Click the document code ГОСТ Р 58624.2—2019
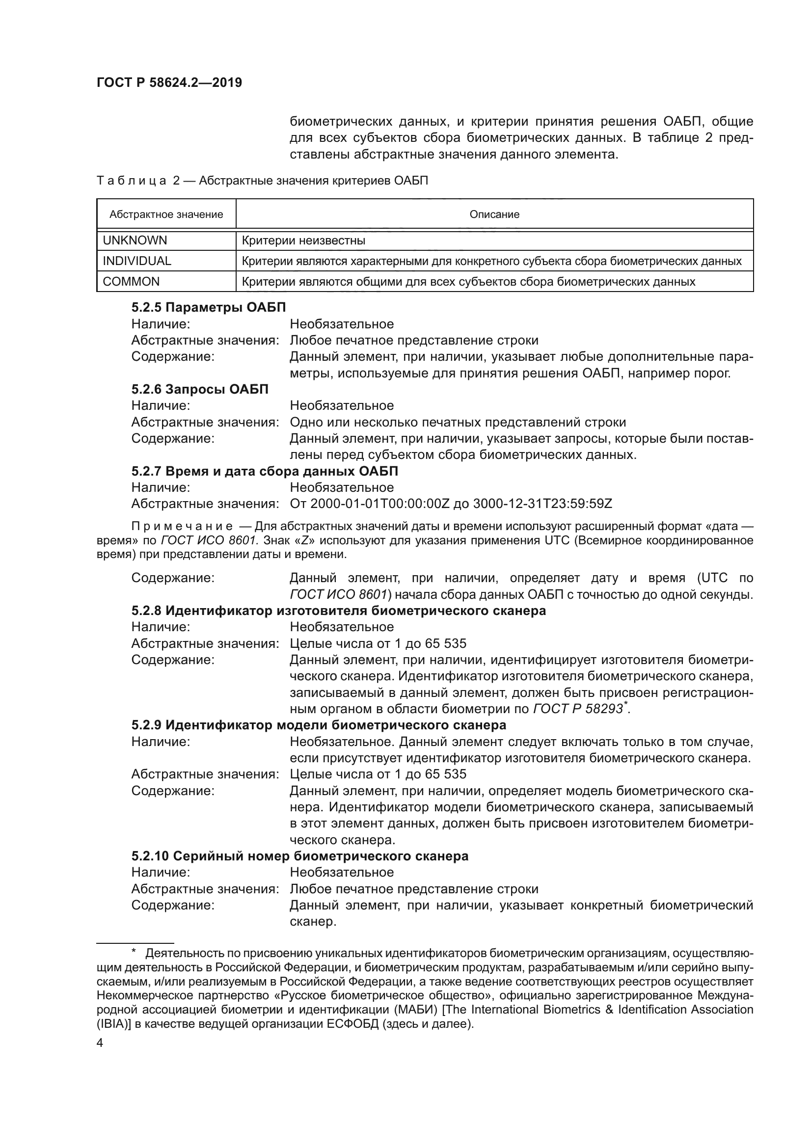(169, 82)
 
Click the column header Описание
(494, 214)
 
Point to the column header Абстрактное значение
(166, 214)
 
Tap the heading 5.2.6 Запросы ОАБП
(200, 389)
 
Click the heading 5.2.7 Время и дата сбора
(265, 471)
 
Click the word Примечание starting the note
(182, 527)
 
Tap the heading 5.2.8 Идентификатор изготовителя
(339, 611)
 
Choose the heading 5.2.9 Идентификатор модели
(319, 725)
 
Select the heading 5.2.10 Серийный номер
(300, 856)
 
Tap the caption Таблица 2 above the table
(138, 181)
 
